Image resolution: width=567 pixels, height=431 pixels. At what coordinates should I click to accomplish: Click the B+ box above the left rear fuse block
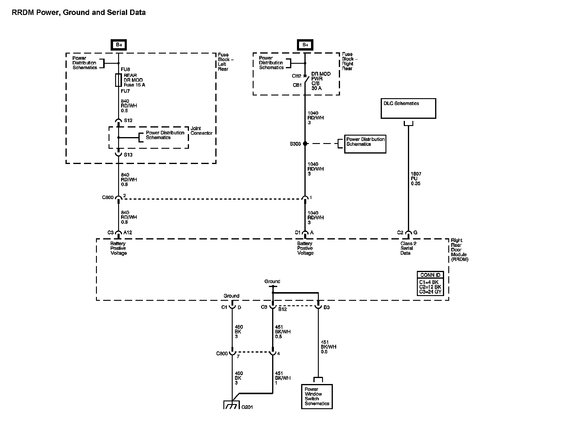[x=119, y=45]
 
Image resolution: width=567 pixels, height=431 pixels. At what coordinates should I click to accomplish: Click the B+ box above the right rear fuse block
[x=305, y=45]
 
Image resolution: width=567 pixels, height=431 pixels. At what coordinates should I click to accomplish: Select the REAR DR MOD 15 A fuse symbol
[x=118, y=80]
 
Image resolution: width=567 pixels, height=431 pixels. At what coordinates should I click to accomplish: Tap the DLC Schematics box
[x=408, y=108]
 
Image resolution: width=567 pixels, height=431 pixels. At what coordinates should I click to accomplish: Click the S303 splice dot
[x=305, y=144]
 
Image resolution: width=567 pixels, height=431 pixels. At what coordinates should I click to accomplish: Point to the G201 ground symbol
[x=232, y=405]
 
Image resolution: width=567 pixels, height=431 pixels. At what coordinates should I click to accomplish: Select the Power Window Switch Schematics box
[x=317, y=396]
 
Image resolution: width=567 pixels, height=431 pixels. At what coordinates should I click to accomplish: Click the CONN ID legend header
[x=430, y=275]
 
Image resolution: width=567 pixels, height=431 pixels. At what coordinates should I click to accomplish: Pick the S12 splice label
[x=128, y=120]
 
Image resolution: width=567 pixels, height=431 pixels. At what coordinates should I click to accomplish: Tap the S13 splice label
[x=128, y=155]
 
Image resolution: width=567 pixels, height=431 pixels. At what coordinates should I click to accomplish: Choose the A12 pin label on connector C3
[x=127, y=233]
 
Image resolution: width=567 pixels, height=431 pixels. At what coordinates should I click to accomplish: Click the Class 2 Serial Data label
[x=408, y=248]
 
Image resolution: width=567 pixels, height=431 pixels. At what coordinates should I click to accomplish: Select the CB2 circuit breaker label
[x=296, y=76]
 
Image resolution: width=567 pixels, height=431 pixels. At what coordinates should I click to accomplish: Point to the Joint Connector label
[x=202, y=131]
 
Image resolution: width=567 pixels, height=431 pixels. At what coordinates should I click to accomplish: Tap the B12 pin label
[x=283, y=309]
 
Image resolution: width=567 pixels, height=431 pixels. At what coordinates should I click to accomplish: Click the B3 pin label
[x=326, y=307]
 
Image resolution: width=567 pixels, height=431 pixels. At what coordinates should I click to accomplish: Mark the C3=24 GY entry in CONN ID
[x=430, y=292]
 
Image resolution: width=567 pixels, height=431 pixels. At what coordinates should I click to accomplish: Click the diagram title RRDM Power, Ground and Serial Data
[x=79, y=13]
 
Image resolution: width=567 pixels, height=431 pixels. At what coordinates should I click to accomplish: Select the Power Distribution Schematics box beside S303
[x=365, y=144]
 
